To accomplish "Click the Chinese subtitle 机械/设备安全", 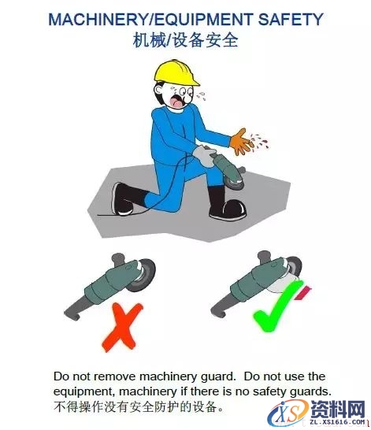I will (x=186, y=40).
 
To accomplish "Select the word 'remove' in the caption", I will (x=113, y=376).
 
